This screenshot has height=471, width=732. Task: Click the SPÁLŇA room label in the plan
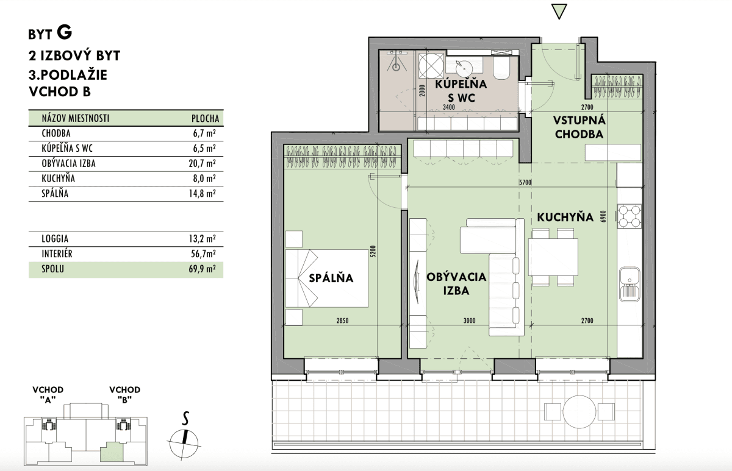click(x=331, y=278)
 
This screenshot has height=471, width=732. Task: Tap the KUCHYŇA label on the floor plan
click(x=565, y=217)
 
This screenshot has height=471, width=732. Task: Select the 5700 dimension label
click(x=525, y=182)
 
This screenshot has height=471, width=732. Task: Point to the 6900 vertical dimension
click(x=603, y=216)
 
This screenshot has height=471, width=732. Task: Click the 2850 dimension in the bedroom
click(x=342, y=320)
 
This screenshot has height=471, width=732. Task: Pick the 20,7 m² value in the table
click(x=202, y=163)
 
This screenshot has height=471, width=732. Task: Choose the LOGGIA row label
click(x=55, y=239)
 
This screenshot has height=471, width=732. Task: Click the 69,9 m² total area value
click(x=202, y=269)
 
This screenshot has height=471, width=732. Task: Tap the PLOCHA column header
click(x=205, y=118)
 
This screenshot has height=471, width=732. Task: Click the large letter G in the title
click(x=65, y=32)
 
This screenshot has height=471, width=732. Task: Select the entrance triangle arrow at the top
click(x=559, y=12)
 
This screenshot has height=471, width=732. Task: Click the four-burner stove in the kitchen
click(x=630, y=216)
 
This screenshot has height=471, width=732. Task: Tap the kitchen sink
click(x=630, y=284)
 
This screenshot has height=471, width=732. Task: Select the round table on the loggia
click(x=579, y=412)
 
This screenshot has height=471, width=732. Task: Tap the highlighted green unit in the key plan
click(x=112, y=452)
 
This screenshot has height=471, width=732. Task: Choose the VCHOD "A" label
click(x=48, y=394)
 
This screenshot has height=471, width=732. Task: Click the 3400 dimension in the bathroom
click(x=449, y=107)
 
